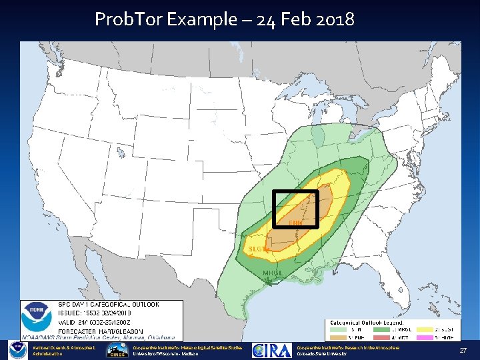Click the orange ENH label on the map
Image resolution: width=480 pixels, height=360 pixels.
coord(295,222)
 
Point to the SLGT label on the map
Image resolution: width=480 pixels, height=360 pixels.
coord(257,249)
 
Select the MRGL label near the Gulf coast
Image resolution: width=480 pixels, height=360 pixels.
coord(273,273)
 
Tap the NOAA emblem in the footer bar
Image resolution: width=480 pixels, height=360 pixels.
coord(17,351)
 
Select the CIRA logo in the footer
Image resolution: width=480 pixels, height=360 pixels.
coord(271,351)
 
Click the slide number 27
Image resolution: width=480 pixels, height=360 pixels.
coord(462,351)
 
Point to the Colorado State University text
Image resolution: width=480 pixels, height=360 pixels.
coord(322,354)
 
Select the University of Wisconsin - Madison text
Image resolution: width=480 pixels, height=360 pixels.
coord(165,354)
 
